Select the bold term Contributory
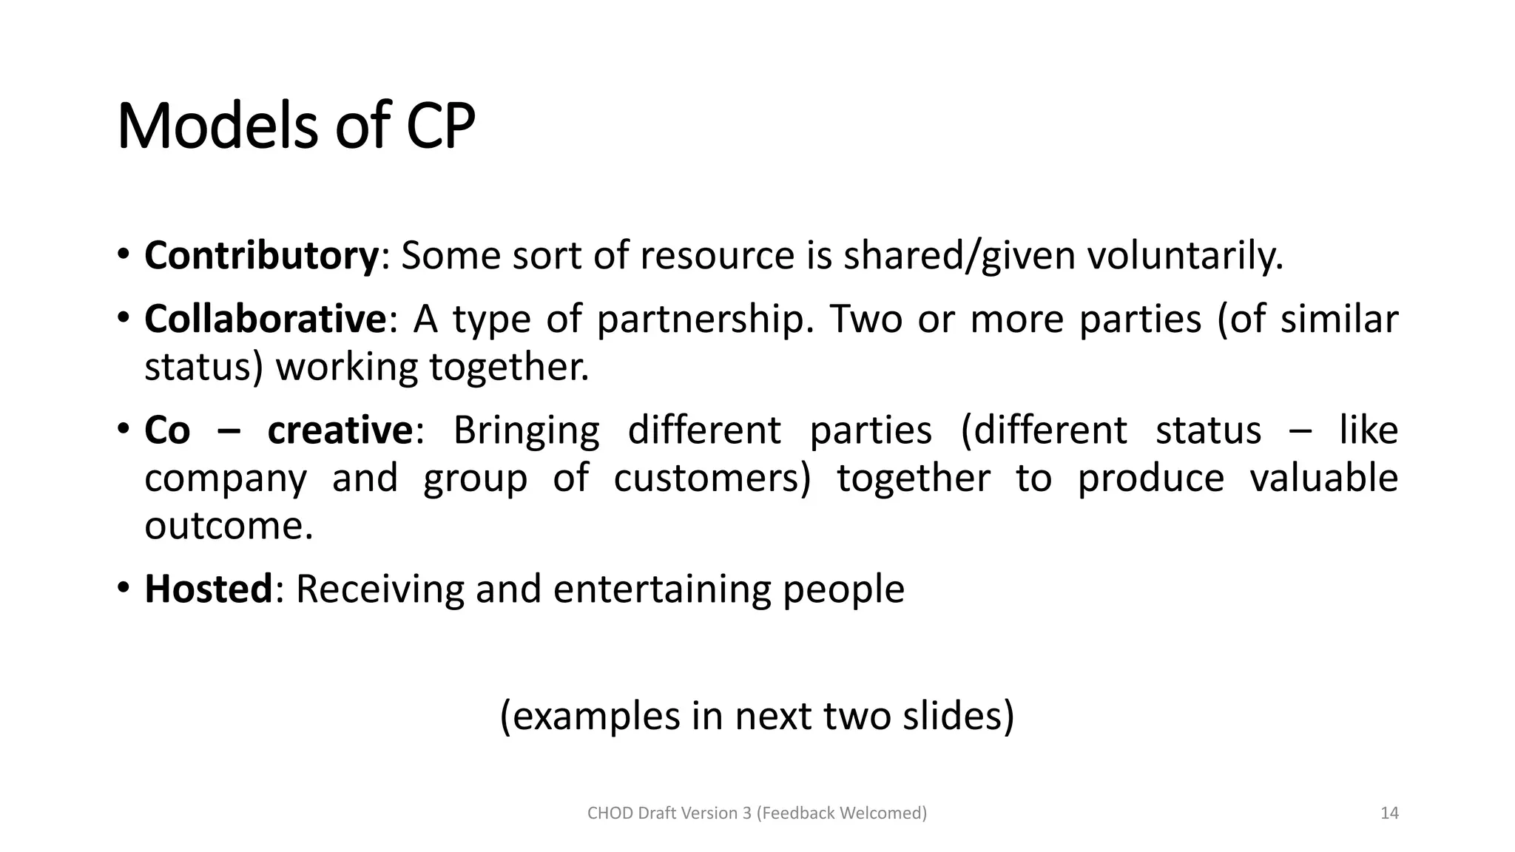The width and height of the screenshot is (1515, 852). pos(261,256)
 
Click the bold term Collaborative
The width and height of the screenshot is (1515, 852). pos(265,319)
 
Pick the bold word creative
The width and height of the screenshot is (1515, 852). pos(340,430)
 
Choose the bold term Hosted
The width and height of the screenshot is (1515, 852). pos(209,589)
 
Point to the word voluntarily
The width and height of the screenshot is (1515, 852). pos(1184,256)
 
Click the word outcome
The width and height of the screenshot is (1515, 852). pos(229,527)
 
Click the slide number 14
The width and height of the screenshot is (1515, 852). pos(1389,814)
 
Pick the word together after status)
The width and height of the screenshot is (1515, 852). pos(509,368)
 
